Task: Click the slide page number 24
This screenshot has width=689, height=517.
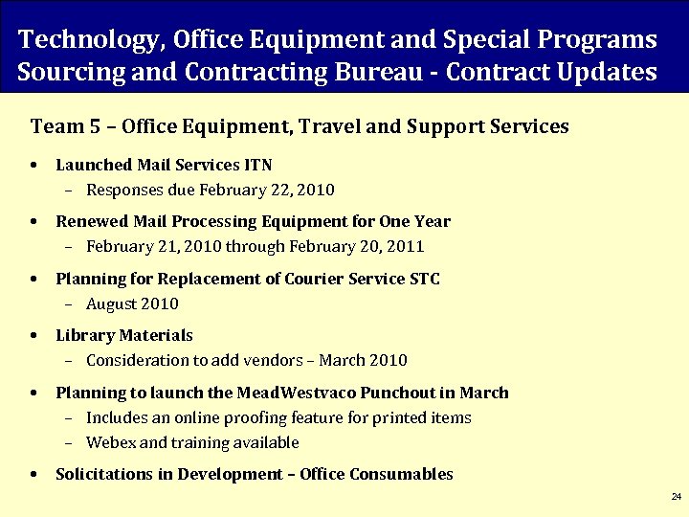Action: pyautogui.click(x=676, y=497)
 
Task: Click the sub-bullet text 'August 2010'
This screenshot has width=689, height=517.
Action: pyautogui.click(x=132, y=303)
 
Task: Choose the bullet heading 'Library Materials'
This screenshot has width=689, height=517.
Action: pyautogui.click(x=124, y=335)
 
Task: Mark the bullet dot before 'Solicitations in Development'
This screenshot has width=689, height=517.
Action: pyautogui.click(x=34, y=474)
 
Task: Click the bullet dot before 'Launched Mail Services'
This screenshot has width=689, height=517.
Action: pyautogui.click(x=34, y=165)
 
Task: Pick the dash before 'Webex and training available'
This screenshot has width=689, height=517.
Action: pyautogui.click(x=68, y=442)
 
